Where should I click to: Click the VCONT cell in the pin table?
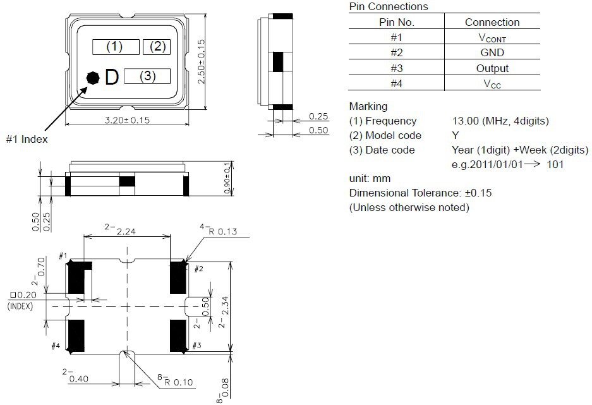point(492,38)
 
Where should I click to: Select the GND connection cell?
point(492,53)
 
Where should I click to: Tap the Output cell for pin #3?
point(492,68)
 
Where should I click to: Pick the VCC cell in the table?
point(492,83)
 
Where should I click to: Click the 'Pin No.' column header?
point(396,22)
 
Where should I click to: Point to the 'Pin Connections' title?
point(388,7)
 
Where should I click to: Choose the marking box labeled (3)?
point(147,76)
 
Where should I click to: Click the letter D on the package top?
point(111,78)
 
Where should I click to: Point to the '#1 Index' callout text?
point(27,139)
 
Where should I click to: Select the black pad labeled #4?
point(76,335)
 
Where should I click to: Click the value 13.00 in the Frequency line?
point(464,121)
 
